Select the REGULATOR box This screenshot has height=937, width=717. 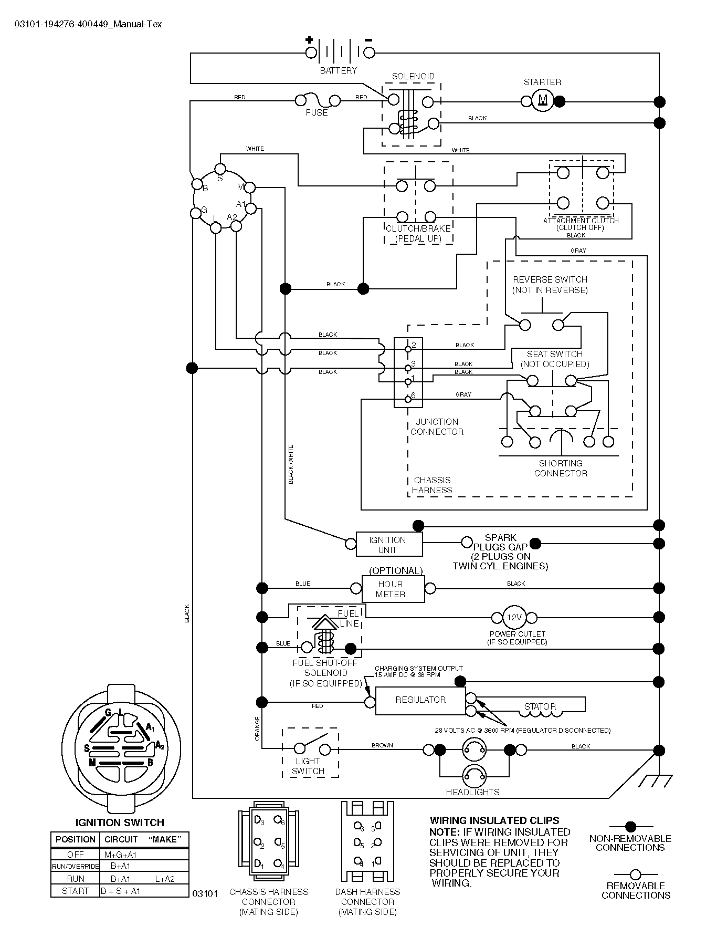point(420,701)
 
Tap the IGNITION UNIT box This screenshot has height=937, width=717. point(389,544)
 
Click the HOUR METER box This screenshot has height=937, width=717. point(393,589)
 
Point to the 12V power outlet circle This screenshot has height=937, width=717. point(514,618)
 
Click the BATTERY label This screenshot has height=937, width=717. point(339,70)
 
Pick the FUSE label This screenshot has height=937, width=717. point(317,112)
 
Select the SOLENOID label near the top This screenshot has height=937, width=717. point(413,76)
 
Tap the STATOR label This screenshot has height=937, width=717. point(540,706)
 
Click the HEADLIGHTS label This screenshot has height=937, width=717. point(472,792)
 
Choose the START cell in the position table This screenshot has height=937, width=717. point(75,891)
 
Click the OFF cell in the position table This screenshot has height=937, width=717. point(75,855)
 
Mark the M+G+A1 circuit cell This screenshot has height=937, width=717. point(120,855)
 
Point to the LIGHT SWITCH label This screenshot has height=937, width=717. point(308,766)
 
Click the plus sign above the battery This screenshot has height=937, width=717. point(309,39)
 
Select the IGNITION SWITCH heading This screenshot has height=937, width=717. point(120,823)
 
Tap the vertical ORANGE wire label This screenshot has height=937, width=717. point(257,728)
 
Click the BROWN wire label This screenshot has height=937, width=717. point(382,745)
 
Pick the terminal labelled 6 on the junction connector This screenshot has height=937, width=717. point(408,400)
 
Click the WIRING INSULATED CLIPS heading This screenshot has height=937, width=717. point(494,820)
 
